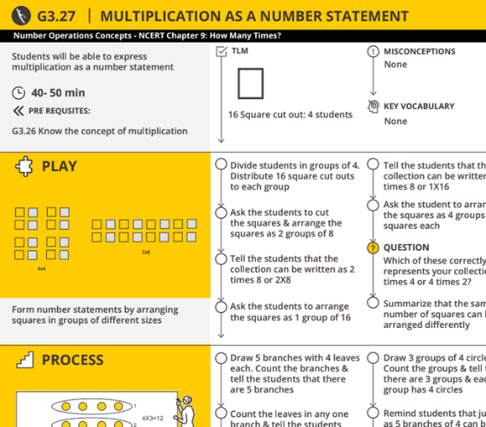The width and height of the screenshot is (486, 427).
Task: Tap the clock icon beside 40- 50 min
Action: pos(19,93)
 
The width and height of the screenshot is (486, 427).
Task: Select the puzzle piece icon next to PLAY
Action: pos(24,167)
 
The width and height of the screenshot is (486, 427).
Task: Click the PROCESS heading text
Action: pos(72,360)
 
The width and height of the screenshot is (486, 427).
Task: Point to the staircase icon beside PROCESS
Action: pos(24,360)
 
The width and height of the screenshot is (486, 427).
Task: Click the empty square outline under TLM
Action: pos(250,85)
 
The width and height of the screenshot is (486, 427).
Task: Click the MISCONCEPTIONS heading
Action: pos(419,52)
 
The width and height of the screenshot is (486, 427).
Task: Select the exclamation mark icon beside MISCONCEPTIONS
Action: pos(373,52)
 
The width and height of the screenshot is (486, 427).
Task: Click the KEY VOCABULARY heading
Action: pos(419,107)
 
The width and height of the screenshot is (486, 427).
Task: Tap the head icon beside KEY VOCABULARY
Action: pos(373,107)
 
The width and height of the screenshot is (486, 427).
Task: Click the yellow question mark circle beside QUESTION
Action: pos(373,248)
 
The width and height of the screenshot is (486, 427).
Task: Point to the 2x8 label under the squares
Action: pos(146,252)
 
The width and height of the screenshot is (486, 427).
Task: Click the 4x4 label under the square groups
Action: pos(41,268)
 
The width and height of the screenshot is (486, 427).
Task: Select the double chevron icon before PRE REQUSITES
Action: pos(19,111)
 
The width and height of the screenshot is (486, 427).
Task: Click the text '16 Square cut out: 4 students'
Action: pos(290,114)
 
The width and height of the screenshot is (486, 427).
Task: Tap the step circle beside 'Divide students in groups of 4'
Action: pos(221,165)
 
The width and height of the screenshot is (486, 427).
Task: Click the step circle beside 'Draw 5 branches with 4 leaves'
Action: pos(221,358)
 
